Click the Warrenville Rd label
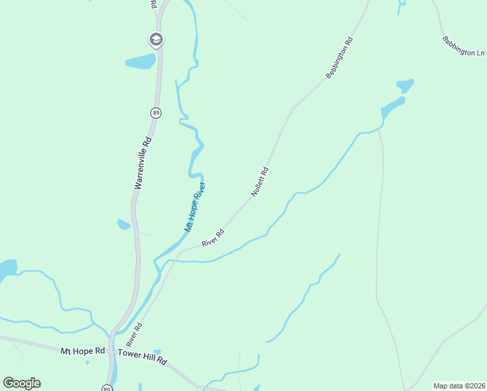tap(143, 163)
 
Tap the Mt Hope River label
tap(195, 207)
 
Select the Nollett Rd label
tap(260, 182)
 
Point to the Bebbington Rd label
tap(339, 58)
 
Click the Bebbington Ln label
tap(464, 46)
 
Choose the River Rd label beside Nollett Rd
tap(213, 238)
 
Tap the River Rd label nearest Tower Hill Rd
tap(135, 334)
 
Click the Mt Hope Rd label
tap(83, 351)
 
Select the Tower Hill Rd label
tap(143, 357)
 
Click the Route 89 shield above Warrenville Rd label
tap(156, 113)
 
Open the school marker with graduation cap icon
tap(156, 40)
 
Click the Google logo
tap(21, 383)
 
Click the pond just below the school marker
tap(140, 62)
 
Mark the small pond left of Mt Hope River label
tap(123, 225)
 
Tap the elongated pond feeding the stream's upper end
tap(393, 106)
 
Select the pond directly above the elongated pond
tap(405, 85)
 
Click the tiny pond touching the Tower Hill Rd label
tap(157, 352)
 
